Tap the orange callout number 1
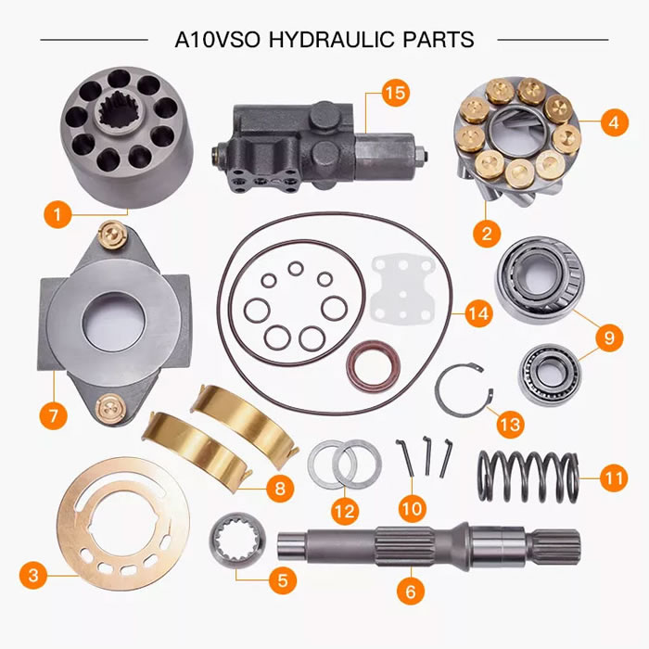pos(57,215)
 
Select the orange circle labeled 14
pos(477,314)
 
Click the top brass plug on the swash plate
pos(117,233)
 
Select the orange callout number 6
pos(411,588)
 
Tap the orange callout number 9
pos(608,337)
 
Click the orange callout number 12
pos(344,510)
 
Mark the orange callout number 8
pos(278,485)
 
